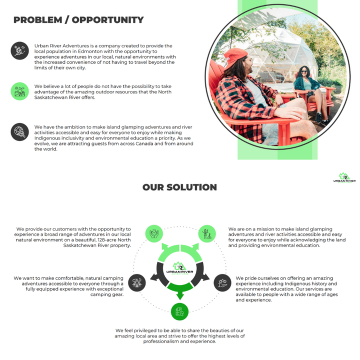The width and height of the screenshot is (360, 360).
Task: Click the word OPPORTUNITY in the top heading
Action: [107, 20]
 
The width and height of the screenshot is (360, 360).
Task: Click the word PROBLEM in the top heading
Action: [37, 20]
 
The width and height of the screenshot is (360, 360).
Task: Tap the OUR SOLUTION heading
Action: [179, 187]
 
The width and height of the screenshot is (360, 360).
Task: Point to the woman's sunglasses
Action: [304, 71]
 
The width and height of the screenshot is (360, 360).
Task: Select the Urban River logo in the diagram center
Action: [180, 268]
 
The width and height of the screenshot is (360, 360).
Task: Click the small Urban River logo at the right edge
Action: [344, 178]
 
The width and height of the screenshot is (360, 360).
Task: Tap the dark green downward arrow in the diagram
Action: [180, 291]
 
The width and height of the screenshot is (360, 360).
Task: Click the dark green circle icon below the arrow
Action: [180, 311]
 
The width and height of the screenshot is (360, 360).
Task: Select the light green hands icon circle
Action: [154, 233]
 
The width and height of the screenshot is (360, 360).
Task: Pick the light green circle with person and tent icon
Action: [207, 233]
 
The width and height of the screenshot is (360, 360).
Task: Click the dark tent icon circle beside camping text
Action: [137, 282]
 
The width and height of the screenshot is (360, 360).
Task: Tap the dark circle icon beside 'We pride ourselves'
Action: [222, 282]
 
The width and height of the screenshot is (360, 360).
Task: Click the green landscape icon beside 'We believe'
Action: [19, 91]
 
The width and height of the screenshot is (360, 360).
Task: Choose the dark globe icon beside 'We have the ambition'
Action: [19, 132]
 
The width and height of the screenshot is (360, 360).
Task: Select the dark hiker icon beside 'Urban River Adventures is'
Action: [19, 50]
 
